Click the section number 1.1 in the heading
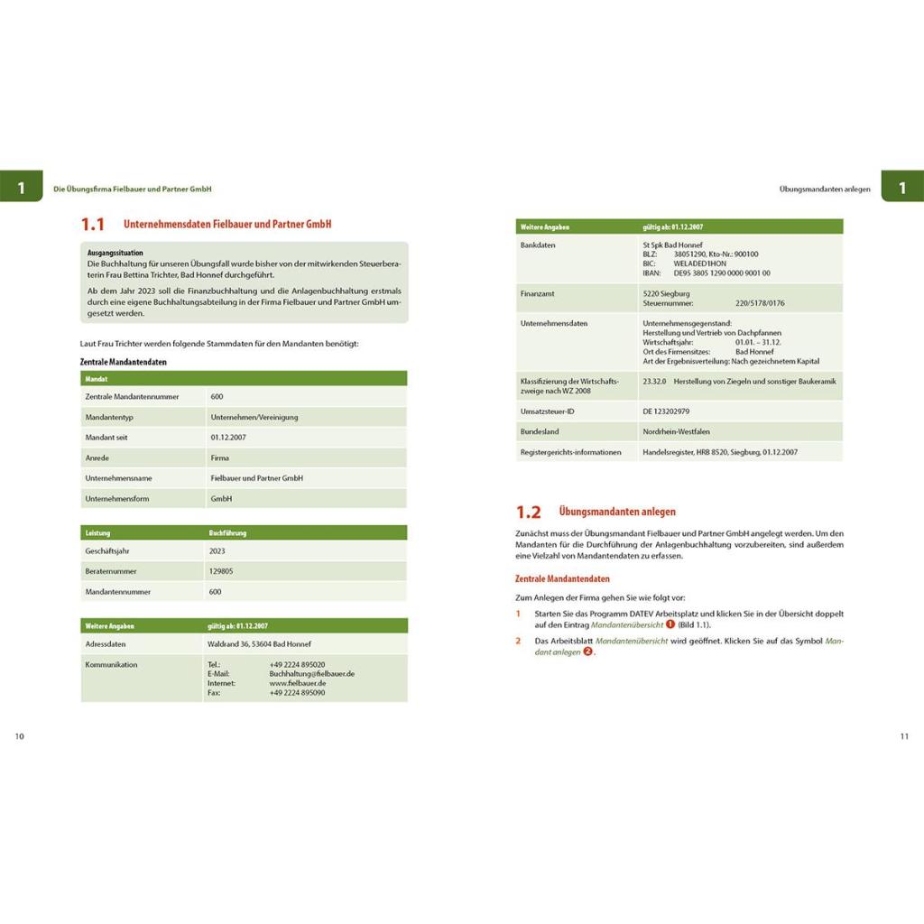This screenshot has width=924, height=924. tap(92, 225)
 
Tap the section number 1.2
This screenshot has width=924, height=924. tap(528, 513)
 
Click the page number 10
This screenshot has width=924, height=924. tap(20, 736)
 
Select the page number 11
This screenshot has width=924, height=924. tap(904, 736)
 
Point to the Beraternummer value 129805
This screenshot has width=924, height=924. tap(221, 571)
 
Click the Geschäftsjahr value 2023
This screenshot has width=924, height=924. tap(217, 550)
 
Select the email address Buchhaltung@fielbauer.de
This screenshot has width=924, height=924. tap(311, 674)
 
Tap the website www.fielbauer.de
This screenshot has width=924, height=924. tap(297, 683)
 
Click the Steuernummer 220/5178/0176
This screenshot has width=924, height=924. tap(760, 303)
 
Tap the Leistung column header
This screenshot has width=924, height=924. tap(97, 532)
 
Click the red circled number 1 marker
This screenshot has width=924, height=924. tap(670, 624)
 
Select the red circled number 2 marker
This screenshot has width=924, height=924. tap(588, 651)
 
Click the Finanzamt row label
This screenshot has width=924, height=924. tap(539, 293)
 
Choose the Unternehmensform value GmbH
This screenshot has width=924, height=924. tap(221, 498)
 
